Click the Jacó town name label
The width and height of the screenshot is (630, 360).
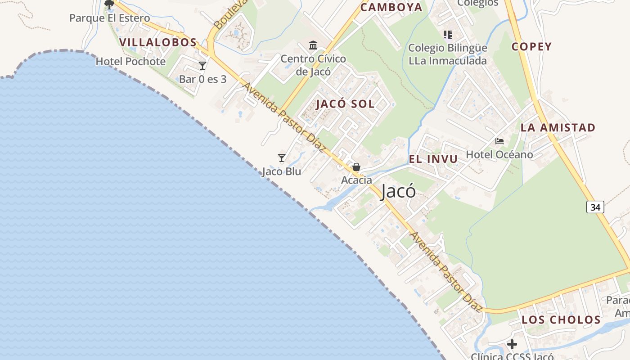pyautogui.click(x=398, y=192)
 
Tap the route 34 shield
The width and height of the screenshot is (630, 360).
pyautogui.click(x=595, y=207)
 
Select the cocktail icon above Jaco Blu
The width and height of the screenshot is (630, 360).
pyautogui.click(x=282, y=158)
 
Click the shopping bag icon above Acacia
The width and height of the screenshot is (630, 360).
pyautogui.click(x=356, y=167)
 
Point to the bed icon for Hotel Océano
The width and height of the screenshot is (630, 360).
pyautogui.click(x=499, y=141)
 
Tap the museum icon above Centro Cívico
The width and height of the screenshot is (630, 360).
pyautogui.click(x=313, y=45)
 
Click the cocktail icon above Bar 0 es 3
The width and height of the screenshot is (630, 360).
pyautogui.click(x=202, y=66)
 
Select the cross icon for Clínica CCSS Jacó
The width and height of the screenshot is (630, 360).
pyautogui.click(x=512, y=345)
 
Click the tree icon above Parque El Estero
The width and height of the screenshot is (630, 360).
pyautogui.click(x=109, y=4)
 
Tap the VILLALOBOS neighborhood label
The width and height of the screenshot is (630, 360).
pyautogui.click(x=158, y=43)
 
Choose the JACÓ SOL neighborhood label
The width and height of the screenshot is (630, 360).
pyautogui.click(x=345, y=104)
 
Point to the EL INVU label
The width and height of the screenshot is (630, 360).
pyautogui.click(x=433, y=159)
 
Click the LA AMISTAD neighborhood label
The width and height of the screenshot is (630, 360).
pyautogui.click(x=558, y=128)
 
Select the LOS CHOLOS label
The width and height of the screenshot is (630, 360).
pyautogui.click(x=561, y=320)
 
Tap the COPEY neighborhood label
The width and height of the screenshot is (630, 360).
pyautogui.click(x=531, y=47)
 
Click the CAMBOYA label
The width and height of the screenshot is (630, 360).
pyautogui.click(x=391, y=7)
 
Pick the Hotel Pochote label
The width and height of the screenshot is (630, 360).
pyautogui.click(x=130, y=62)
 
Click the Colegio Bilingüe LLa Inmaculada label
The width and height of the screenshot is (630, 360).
pyautogui.click(x=447, y=54)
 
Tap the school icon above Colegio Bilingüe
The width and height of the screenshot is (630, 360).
pyautogui.click(x=447, y=34)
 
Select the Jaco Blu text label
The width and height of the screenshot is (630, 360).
pyautogui.click(x=282, y=171)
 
